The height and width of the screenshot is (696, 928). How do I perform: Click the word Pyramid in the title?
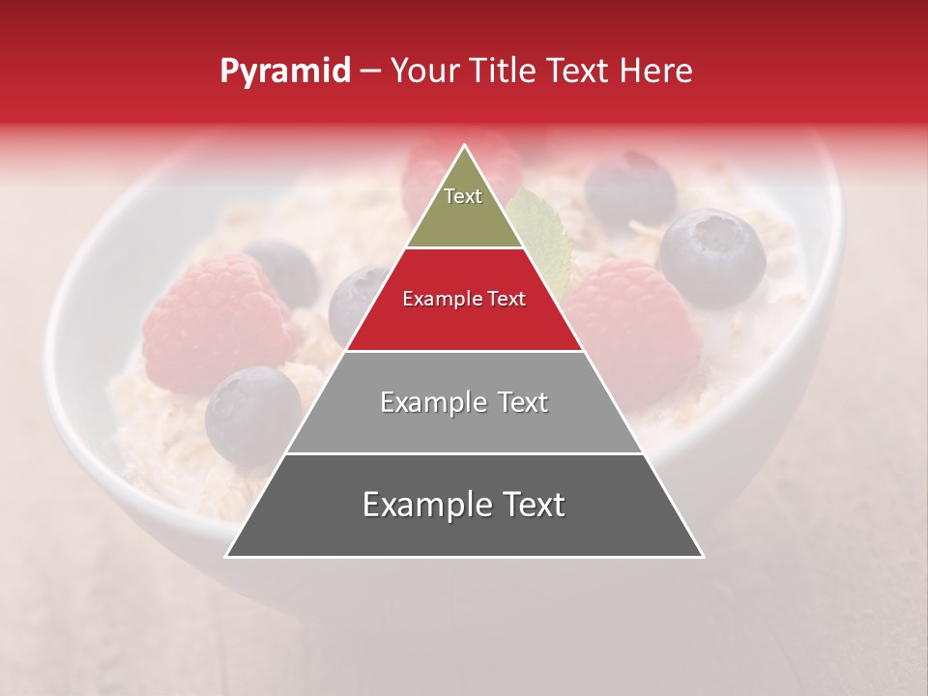[x=284, y=72]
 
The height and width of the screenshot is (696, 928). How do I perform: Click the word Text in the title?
[x=581, y=72]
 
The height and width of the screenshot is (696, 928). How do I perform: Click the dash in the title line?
[x=370, y=72]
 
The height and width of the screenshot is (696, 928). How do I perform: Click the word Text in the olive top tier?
[x=463, y=196]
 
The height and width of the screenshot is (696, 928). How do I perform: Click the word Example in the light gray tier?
[x=430, y=402]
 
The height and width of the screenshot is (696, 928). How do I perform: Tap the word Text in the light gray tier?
[x=517, y=402]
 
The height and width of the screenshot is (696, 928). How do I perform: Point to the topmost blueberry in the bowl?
[x=629, y=188]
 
